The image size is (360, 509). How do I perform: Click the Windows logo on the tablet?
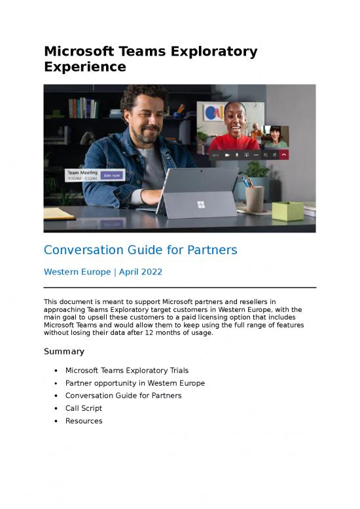pos(201,204)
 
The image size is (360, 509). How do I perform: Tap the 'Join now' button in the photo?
pos(111,176)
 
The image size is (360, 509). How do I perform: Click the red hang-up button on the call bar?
pos(284,155)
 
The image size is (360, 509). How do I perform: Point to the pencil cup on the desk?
pos(255,198)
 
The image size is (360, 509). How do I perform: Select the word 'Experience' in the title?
pos(84,67)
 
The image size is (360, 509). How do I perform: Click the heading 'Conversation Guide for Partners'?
pos(140,250)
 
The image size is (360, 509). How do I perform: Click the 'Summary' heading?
pos(64,352)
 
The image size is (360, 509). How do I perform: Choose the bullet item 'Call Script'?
pos(84,408)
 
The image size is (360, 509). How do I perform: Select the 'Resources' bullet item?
pos(84,421)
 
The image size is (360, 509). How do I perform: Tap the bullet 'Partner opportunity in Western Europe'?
pos(135,383)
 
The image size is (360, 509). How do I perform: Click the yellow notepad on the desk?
pos(59,214)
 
